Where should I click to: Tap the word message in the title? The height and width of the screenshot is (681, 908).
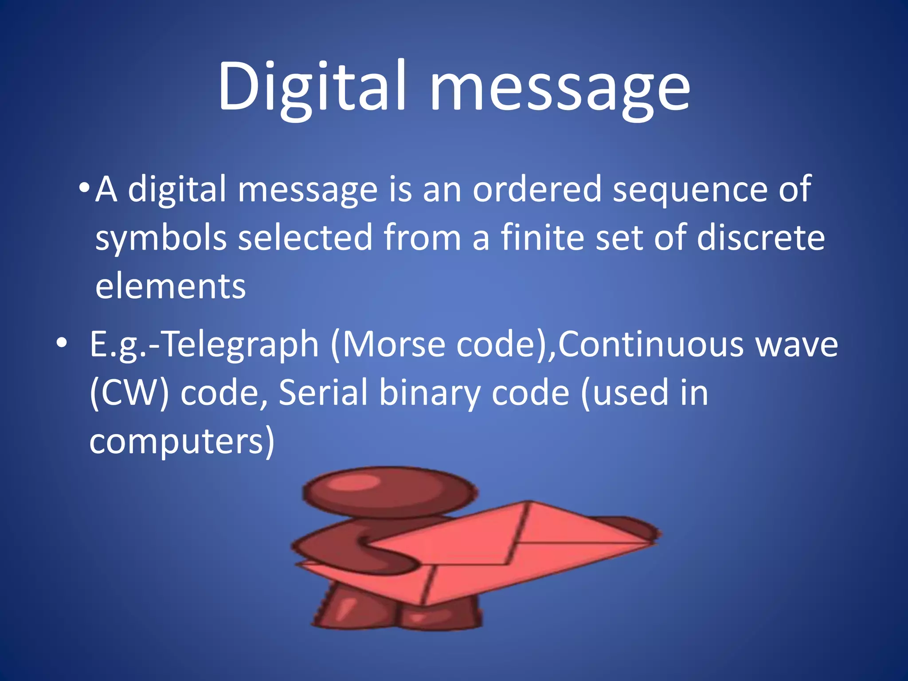click(x=560, y=89)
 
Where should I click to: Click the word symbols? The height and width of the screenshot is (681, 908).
click(x=161, y=238)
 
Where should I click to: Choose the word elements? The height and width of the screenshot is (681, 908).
click(x=170, y=286)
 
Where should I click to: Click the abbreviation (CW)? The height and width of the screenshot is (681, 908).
click(x=129, y=393)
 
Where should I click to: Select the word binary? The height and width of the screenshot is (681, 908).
click(x=430, y=394)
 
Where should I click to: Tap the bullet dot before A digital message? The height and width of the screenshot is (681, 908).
click(x=84, y=187)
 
